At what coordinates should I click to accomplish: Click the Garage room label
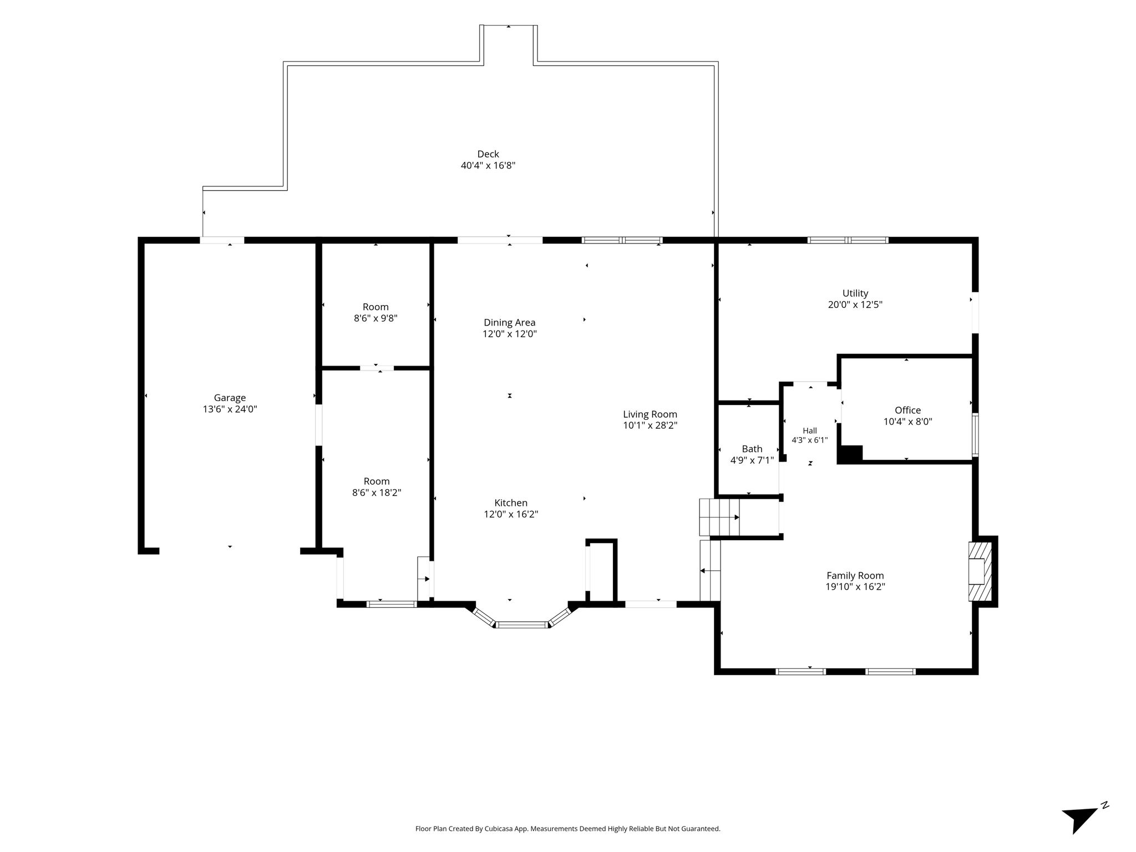(x=230, y=398)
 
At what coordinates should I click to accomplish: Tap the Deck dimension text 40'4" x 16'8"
(x=488, y=165)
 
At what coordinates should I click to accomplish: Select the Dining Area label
(x=510, y=323)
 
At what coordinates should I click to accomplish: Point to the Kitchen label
(x=511, y=503)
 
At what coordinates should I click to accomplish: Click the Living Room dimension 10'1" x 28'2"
(x=650, y=425)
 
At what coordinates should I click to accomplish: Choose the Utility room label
(x=855, y=293)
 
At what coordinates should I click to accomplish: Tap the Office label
(x=908, y=410)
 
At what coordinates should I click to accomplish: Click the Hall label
(x=810, y=430)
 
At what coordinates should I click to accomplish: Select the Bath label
(x=752, y=449)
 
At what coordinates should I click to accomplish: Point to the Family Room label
(x=855, y=576)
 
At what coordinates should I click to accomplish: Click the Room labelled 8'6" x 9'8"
(x=376, y=312)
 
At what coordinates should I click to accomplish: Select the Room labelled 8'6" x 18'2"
(x=377, y=487)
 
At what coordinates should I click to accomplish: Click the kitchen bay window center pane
(x=521, y=625)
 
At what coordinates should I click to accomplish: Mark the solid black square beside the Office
(x=850, y=454)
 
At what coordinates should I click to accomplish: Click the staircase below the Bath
(x=719, y=518)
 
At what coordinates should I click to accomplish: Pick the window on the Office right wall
(x=975, y=435)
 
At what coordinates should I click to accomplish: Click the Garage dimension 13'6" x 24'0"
(x=230, y=409)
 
